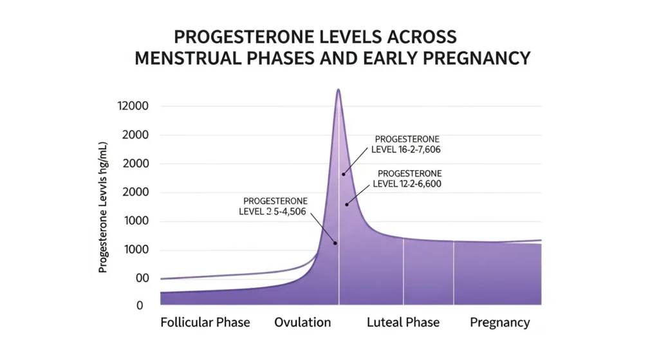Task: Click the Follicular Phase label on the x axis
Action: point(205,323)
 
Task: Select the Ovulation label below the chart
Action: point(302,323)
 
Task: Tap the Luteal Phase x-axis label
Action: point(403,323)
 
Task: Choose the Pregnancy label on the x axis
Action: point(499,323)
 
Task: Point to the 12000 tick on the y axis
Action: point(133,106)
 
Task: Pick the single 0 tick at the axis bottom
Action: point(139,306)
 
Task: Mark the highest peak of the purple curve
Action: point(339,90)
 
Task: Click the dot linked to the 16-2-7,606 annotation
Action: point(344,174)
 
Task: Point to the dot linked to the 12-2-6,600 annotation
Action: point(347,204)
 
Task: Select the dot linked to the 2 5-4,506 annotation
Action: point(335,243)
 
